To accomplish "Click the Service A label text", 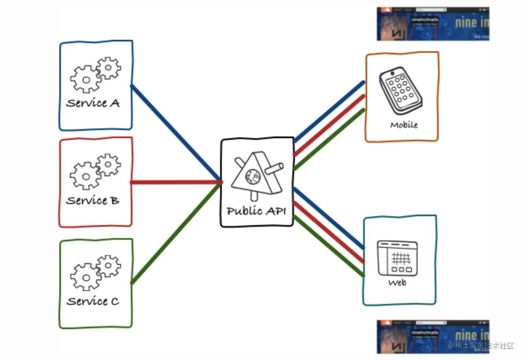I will point(93,103).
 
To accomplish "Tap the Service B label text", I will point(93,201).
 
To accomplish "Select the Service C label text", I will point(93,301).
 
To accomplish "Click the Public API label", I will point(257,211).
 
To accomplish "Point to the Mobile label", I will point(404,125).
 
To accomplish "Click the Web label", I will point(397,282).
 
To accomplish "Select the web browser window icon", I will point(397,257).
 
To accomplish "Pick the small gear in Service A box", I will point(109,68).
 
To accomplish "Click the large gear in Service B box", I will point(85,176).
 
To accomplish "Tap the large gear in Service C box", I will point(85,277).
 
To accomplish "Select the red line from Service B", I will point(176,182).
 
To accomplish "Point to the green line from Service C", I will point(175,233).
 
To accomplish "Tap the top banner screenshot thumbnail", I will point(433,24).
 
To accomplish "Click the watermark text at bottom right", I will point(481,346).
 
